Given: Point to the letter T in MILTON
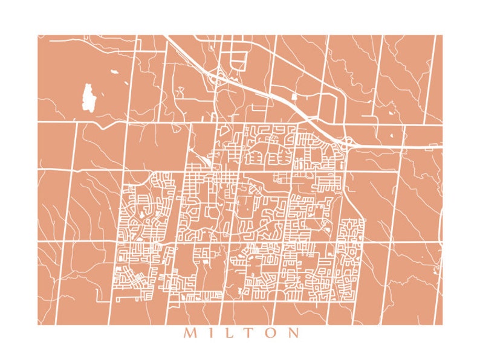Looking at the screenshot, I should pos(248,333).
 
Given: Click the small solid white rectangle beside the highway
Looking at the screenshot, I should pos(294,96).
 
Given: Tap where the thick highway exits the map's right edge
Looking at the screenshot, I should pos(441,146).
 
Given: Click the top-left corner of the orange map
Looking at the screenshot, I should pos(37,35).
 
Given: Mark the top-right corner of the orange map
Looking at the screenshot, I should pos(443,35).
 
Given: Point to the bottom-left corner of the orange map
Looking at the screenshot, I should pos(37,325).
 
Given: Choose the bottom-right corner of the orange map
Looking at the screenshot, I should pos(443,325).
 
